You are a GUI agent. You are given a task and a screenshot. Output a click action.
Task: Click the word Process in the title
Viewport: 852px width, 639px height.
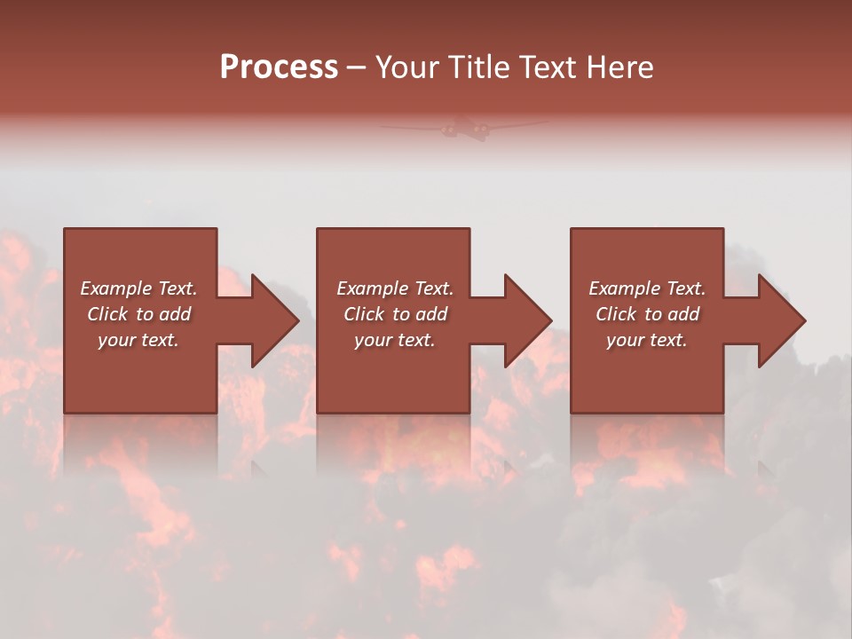(279, 67)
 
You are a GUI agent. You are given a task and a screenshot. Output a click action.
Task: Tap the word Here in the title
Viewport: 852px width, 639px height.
(619, 67)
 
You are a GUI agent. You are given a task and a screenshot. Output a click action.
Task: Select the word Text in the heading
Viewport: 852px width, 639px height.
(548, 67)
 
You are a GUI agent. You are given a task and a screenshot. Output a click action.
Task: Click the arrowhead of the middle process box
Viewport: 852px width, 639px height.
(526, 320)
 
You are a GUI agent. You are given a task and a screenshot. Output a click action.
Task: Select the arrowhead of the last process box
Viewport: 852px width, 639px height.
(780, 320)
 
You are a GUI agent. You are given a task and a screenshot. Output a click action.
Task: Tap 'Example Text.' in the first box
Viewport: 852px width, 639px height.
(138, 288)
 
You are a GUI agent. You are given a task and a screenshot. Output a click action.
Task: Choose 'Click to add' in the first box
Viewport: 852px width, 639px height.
(138, 314)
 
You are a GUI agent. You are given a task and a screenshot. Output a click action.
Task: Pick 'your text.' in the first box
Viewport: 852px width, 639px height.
(138, 340)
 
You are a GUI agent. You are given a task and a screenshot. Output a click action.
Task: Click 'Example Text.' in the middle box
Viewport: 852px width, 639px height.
(395, 288)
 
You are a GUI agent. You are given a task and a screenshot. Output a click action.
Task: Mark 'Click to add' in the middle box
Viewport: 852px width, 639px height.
(395, 314)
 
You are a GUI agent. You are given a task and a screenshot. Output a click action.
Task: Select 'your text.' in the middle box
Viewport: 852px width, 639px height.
(395, 340)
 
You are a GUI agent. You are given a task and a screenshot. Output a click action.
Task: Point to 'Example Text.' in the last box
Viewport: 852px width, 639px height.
(647, 288)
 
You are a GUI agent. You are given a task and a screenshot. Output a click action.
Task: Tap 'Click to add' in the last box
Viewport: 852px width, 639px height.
(647, 314)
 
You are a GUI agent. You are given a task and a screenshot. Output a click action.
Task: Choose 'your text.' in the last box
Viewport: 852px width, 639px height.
(647, 340)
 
